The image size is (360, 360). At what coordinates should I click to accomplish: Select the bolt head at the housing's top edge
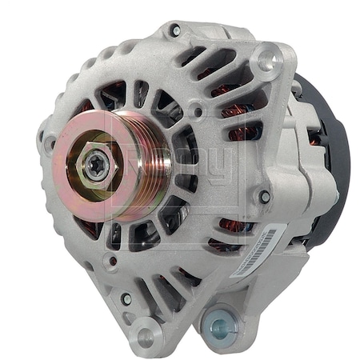click(x=175, y=30)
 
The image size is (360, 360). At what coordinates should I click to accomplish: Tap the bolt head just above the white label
click(x=265, y=197)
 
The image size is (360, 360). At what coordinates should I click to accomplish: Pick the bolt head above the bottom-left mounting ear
click(x=126, y=298)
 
